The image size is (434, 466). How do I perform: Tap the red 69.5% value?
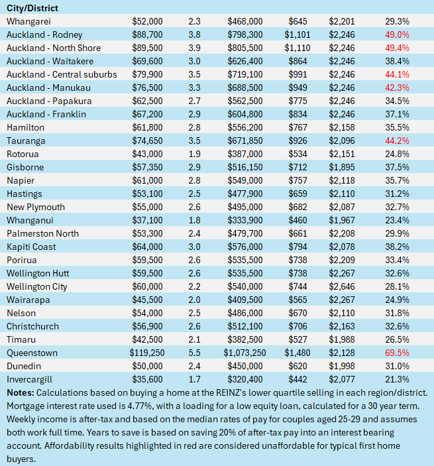pyautogui.click(x=396, y=353)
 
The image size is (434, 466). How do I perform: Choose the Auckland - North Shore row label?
pyautogui.click(x=53, y=48)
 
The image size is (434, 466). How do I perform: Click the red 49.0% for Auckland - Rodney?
pyautogui.click(x=396, y=34)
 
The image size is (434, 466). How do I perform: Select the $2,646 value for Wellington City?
pyautogui.click(x=342, y=286)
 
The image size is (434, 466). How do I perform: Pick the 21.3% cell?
pyautogui.click(x=396, y=379)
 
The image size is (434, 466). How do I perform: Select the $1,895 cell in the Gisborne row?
pyautogui.click(x=342, y=167)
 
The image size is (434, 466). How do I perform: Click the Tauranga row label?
pyautogui.click(x=26, y=141)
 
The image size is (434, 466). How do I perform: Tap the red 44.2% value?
pyautogui.click(x=396, y=141)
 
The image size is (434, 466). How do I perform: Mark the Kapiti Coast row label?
pyautogui.click(x=31, y=247)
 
